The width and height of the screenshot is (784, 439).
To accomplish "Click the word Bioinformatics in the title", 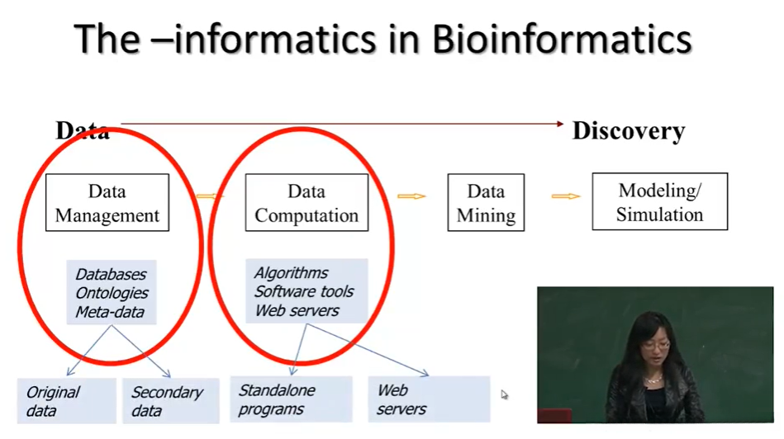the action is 562,39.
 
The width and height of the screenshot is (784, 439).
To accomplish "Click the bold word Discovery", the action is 629,131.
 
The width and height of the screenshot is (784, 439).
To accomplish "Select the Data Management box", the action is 107,202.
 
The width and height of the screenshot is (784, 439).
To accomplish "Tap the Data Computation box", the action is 306,202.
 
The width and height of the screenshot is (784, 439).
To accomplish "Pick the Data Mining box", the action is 486,202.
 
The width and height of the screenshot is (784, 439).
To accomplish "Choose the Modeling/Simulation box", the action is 660,202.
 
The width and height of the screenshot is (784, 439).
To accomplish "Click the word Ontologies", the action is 112,293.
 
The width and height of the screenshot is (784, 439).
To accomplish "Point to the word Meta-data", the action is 110,312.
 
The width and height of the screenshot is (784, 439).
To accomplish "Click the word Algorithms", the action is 292,272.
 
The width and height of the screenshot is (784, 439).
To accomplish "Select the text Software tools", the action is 304,291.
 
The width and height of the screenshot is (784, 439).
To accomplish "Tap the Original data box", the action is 67,401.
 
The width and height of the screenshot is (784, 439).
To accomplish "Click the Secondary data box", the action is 171,401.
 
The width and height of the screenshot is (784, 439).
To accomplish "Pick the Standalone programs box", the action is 291,399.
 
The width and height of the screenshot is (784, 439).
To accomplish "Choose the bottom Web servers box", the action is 429,399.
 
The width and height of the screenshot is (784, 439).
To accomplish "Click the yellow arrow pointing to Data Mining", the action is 411,196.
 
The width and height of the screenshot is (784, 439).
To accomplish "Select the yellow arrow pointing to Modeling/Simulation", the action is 566,196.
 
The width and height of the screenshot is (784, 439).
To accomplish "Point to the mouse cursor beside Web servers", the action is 504,394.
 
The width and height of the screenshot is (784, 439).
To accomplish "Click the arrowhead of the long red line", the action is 560,123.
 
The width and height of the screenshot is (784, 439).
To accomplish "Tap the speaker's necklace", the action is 652,380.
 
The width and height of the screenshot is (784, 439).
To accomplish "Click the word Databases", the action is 111,274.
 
